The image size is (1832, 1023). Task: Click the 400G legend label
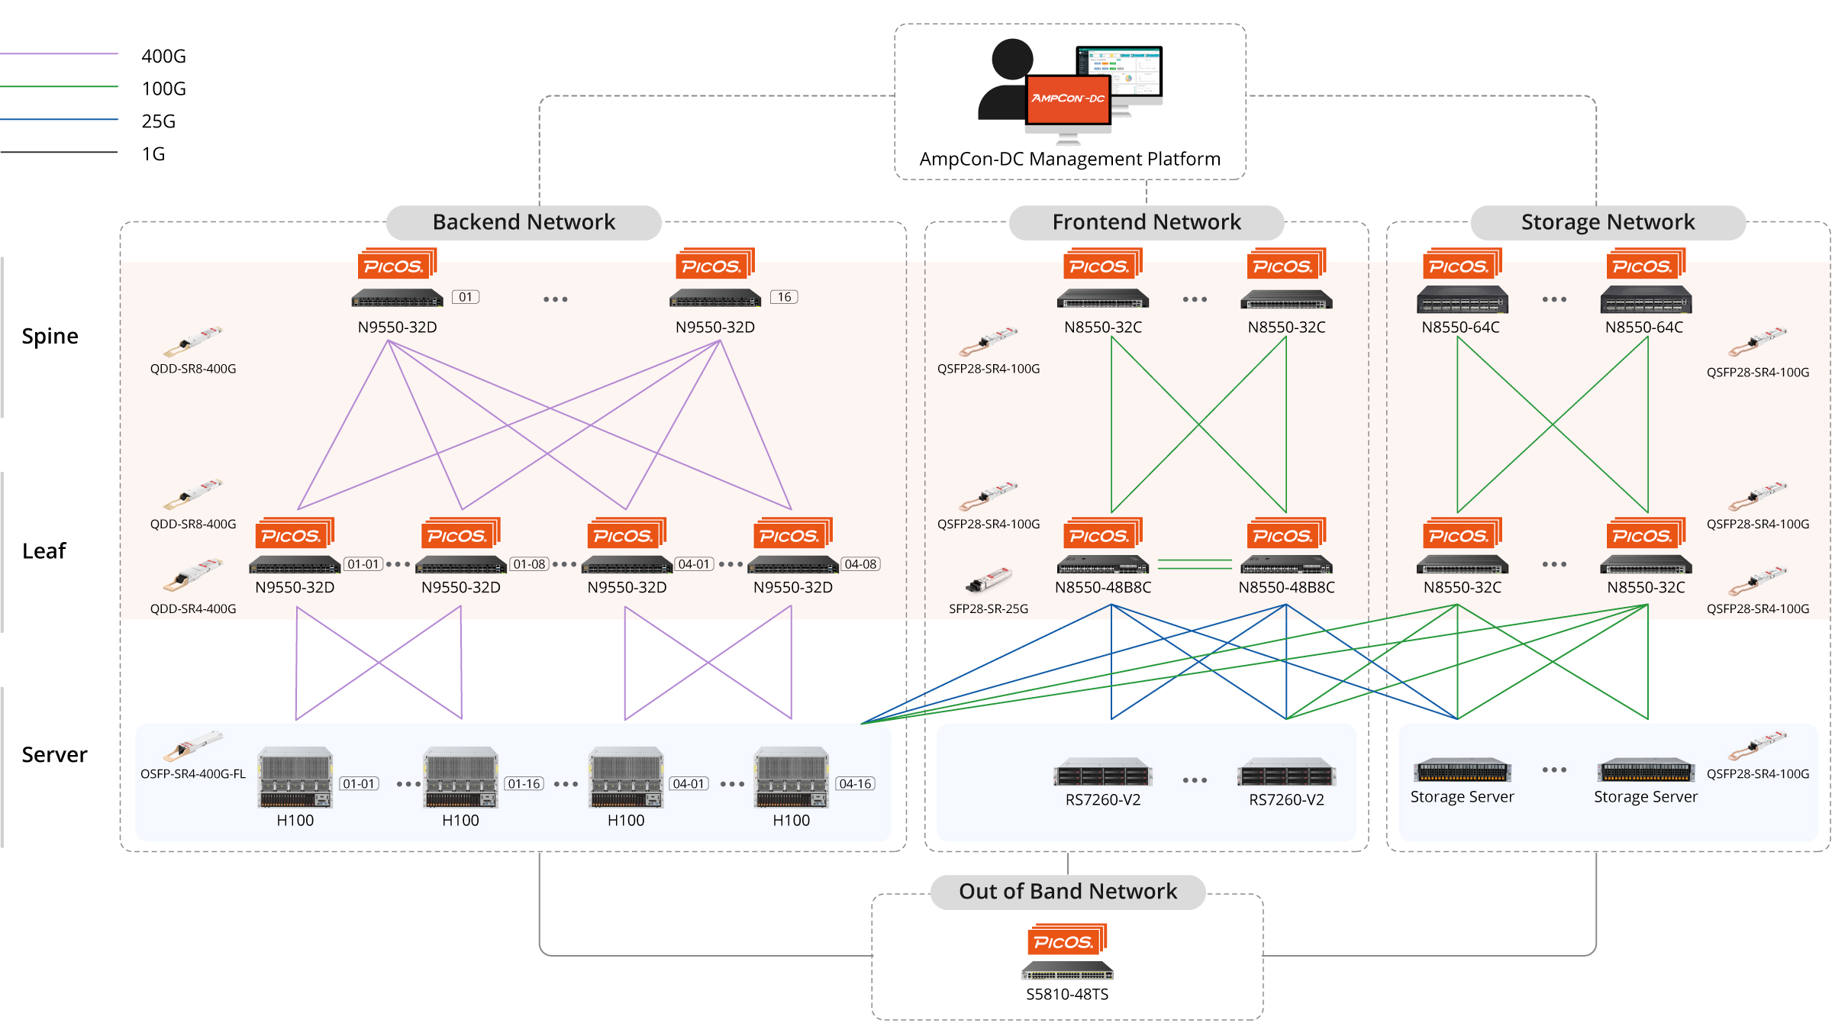pos(163,56)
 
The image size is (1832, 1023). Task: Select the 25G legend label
pos(158,121)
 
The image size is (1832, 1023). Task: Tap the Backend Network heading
pos(524,222)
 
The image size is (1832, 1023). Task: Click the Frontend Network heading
pos(1146,222)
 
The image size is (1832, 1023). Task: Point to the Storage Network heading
pos(1608,222)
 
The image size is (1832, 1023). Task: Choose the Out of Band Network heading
pos(1067,892)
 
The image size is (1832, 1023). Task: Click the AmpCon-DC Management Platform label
pos(1069,159)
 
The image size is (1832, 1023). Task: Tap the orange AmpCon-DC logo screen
pos(1067,99)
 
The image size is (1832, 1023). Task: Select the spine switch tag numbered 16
pos(784,297)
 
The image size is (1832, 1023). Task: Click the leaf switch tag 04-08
pos(860,564)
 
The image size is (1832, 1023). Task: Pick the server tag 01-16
pos(524,784)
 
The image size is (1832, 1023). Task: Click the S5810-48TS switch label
pos(1067,994)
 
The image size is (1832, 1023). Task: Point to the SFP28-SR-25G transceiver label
pos(988,609)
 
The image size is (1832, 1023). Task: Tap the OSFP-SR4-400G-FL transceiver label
pos(193,774)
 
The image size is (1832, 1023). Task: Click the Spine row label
pos(50,337)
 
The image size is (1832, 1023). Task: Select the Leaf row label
pos(44,551)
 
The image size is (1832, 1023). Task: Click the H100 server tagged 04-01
pos(626,777)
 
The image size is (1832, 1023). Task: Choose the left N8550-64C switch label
pos(1460,328)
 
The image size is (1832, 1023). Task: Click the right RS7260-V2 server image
pos(1286,773)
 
